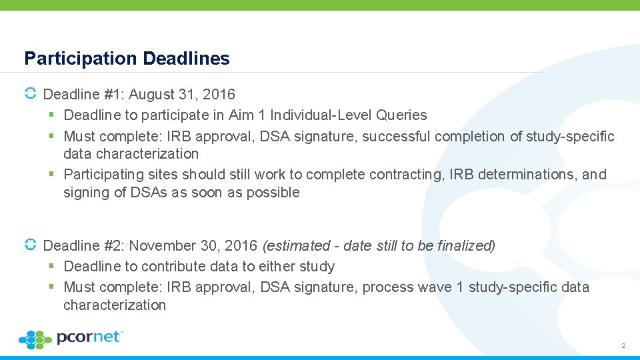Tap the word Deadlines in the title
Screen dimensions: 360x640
coord(186,59)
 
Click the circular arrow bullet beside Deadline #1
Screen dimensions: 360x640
coord(30,95)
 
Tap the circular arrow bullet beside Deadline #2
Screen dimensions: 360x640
coord(30,245)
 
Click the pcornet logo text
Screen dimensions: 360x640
coord(90,337)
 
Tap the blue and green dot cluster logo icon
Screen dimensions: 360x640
coord(35,340)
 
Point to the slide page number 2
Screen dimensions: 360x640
coord(623,346)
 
